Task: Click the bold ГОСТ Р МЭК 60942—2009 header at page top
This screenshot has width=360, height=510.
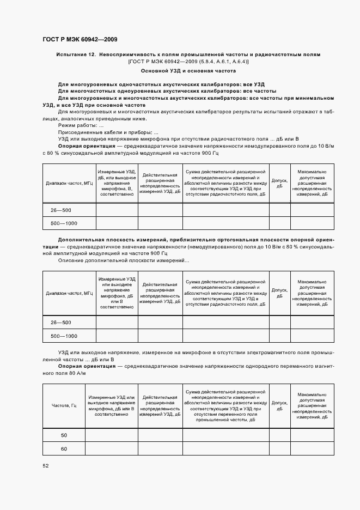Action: [x=80, y=40]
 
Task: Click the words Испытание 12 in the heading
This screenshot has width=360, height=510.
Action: [x=76, y=54]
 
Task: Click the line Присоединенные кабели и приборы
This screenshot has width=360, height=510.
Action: [x=108, y=132]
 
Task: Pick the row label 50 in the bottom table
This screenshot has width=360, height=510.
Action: [x=64, y=435]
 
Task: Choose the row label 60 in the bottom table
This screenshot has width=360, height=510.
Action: [x=64, y=448]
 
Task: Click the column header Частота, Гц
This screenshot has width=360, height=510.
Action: [x=64, y=406]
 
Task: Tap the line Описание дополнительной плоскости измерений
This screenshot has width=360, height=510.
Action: [x=123, y=260]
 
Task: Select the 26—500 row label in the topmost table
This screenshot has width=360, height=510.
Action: [x=60, y=210]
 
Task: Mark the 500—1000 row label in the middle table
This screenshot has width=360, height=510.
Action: [x=64, y=336]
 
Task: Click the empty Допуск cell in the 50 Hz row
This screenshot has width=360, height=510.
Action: [x=279, y=435]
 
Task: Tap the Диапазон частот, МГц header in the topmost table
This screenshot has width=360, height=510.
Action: [x=69, y=183]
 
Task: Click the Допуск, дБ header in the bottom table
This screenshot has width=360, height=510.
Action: [x=279, y=406]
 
